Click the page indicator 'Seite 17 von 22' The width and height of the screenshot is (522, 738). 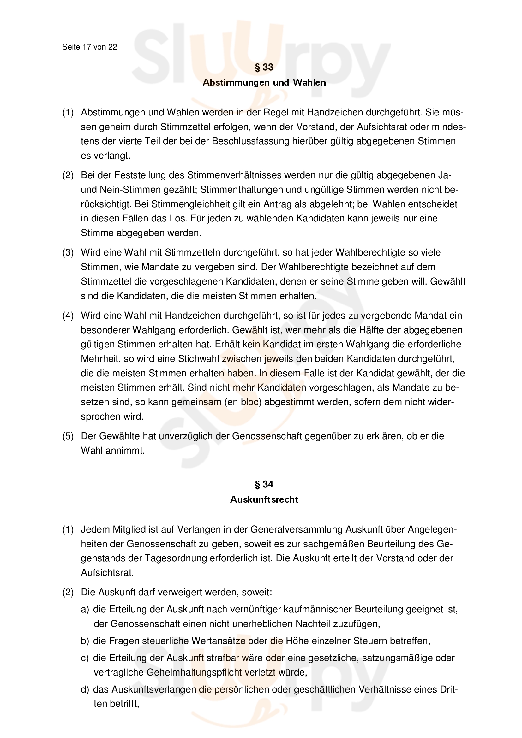pyautogui.click(x=89, y=47)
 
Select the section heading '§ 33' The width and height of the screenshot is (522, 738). pyautogui.click(x=264, y=67)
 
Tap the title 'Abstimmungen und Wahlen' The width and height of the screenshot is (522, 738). pyautogui.click(x=264, y=83)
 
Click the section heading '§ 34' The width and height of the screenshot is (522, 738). pyautogui.click(x=264, y=484)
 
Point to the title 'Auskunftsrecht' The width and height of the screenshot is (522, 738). pyautogui.click(x=264, y=499)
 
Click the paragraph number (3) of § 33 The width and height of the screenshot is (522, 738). pyautogui.click(x=68, y=252)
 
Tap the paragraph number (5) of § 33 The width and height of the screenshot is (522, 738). pyautogui.click(x=68, y=436)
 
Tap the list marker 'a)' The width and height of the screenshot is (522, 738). pyautogui.click(x=85, y=609)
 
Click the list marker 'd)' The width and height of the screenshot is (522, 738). pyautogui.click(x=85, y=689)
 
